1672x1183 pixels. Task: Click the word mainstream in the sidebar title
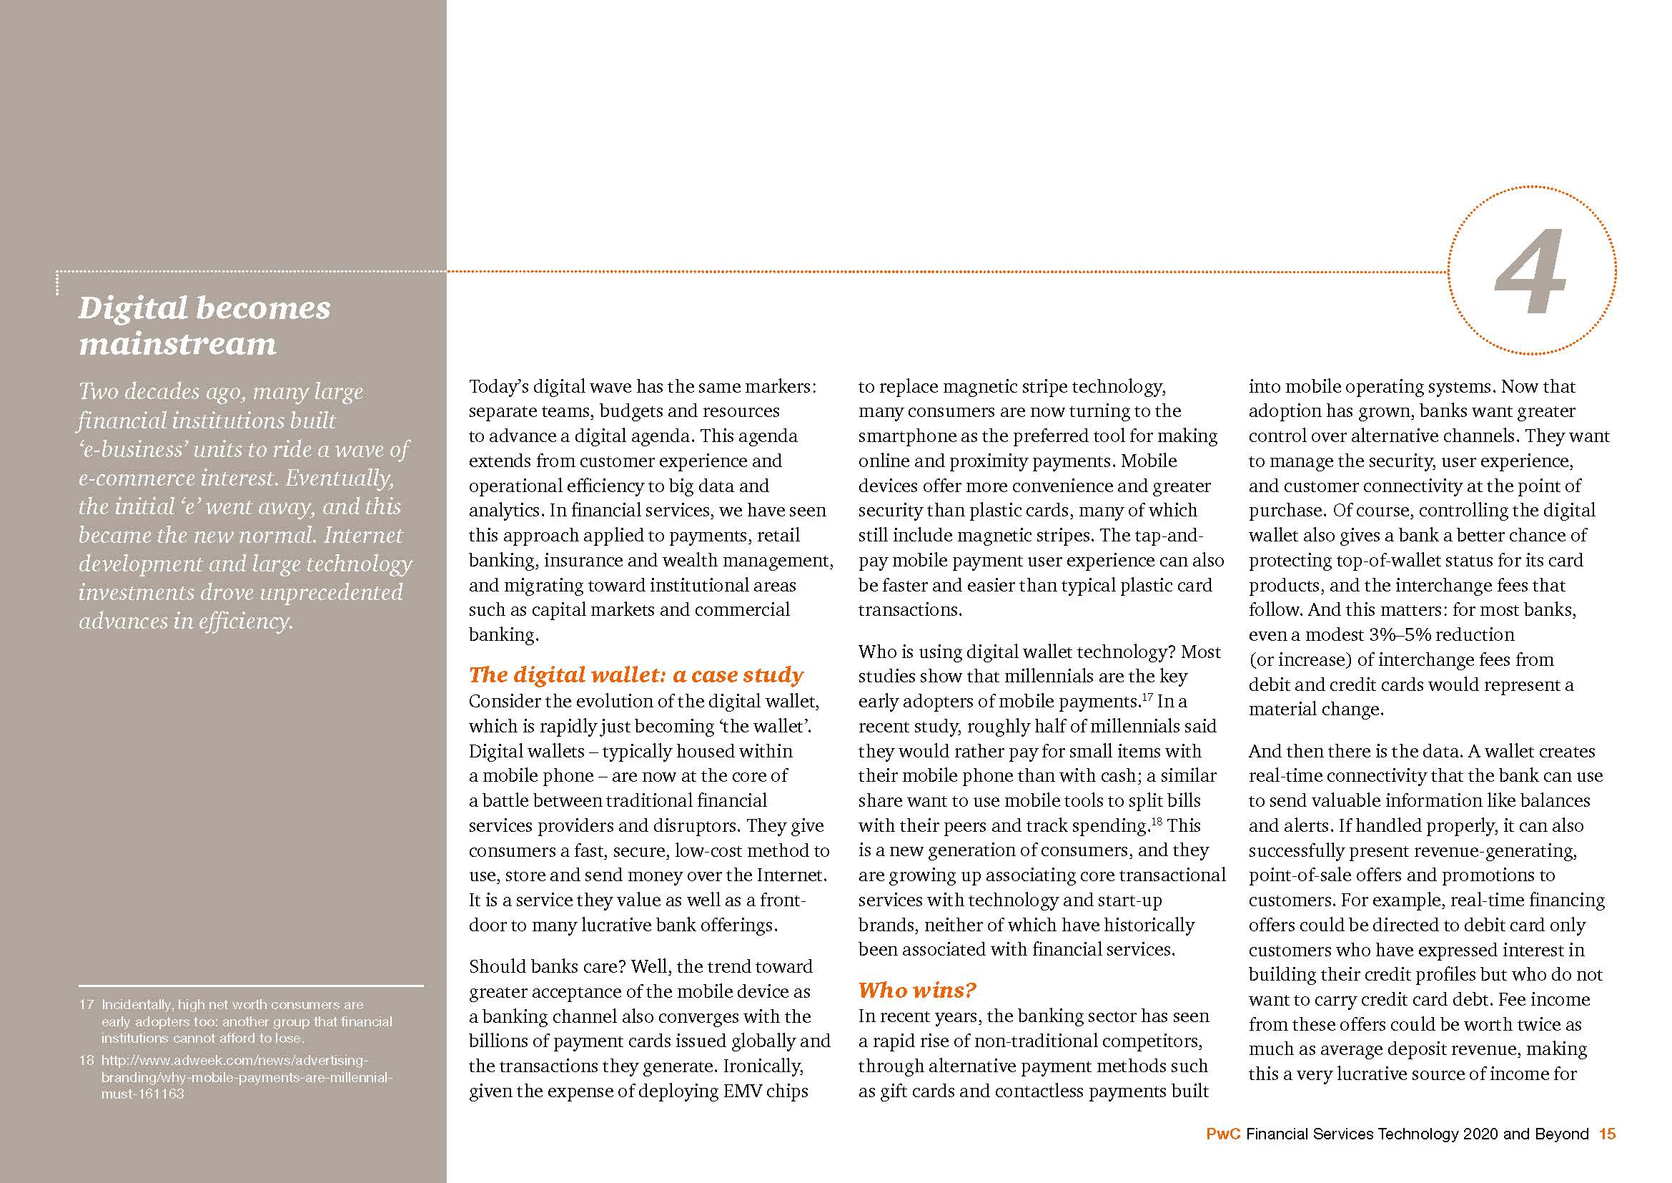[178, 344]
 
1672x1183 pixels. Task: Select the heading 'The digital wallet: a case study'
[635, 674]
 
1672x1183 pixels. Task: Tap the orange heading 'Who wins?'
[917, 990]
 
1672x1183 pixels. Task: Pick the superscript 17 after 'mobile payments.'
[1145, 697]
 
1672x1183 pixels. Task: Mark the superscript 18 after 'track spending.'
[1157, 822]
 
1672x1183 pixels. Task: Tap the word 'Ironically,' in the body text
[763, 1066]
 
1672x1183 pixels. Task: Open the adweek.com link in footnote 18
[235, 1061]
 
